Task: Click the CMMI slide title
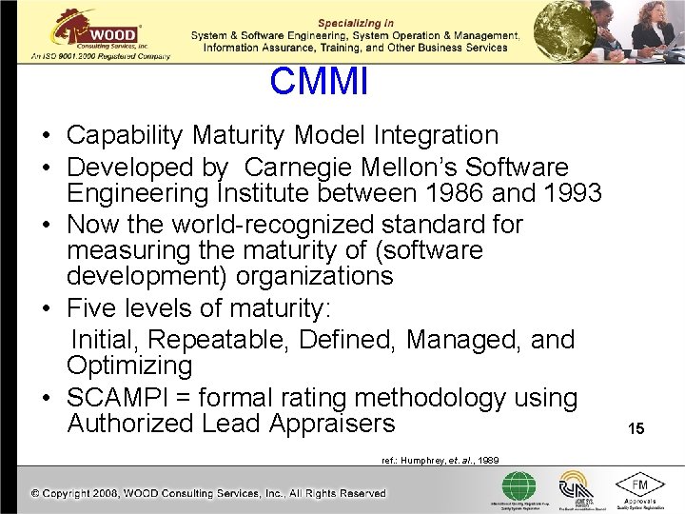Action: (318, 82)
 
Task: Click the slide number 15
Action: (636, 429)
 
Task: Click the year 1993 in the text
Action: (566, 193)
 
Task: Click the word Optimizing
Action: (129, 366)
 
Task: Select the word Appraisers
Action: (332, 424)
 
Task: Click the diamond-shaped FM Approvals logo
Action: (640, 487)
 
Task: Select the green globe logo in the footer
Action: (519, 486)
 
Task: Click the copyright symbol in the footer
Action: (35, 493)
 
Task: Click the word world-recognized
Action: (255, 225)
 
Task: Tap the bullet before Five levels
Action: (47, 309)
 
